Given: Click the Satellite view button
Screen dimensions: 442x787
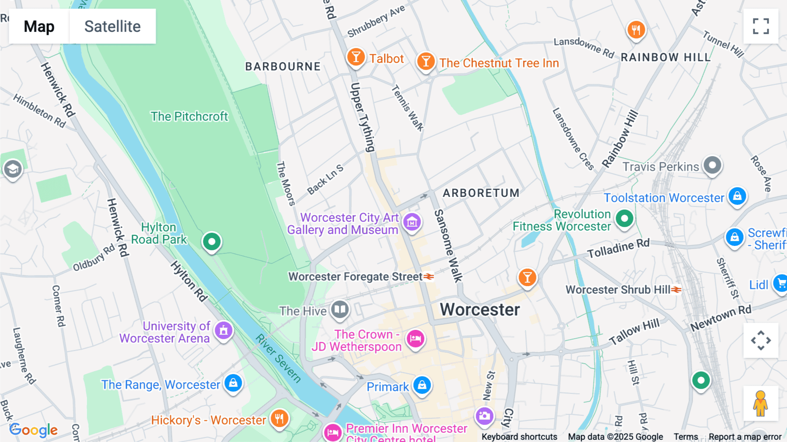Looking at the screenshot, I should pyautogui.click(x=112, y=26).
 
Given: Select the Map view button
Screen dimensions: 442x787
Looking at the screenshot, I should pyautogui.click(x=39, y=26).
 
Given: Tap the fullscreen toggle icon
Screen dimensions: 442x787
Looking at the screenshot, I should pyautogui.click(x=761, y=26).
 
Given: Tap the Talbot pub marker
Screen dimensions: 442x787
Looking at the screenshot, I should pyautogui.click(x=356, y=57).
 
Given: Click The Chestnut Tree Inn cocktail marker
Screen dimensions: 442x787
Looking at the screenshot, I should pyautogui.click(x=425, y=61).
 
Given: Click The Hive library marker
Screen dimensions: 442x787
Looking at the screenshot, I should pyautogui.click(x=340, y=310).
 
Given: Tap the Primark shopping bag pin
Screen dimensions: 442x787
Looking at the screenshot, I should pyautogui.click(x=422, y=385).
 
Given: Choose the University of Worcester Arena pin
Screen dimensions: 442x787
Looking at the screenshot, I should pyautogui.click(x=223, y=331).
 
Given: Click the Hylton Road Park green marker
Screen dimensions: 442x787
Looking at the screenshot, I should pyautogui.click(x=212, y=242).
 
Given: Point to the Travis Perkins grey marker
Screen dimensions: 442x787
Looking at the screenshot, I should pyautogui.click(x=712, y=165).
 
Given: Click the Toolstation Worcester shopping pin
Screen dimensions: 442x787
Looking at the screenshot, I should pyautogui.click(x=737, y=196).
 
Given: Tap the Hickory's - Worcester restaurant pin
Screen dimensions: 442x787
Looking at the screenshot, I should pyautogui.click(x=279, y=418).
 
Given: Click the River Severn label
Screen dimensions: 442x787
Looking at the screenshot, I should pyautogui.click(x=278, y=358).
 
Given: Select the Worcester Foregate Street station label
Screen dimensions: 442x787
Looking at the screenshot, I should pyautogui.click(x=355, y=277).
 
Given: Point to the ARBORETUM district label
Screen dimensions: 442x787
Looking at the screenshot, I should pyautogui.click(x=481, y=193).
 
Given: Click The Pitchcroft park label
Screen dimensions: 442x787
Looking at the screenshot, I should pyautogui.click(x=189, y=116).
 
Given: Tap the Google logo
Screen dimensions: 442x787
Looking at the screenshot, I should pyautogui.click(x=34, y=430).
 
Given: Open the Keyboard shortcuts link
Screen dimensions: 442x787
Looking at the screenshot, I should pyautogui.click(x=519, y=437).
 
